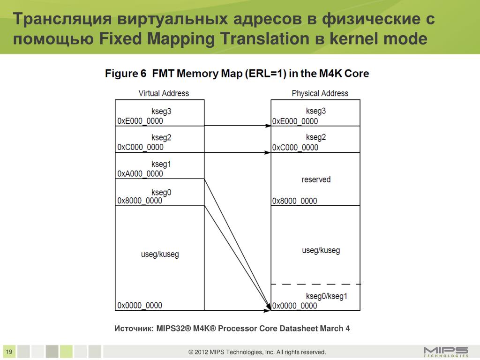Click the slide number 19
point(9,352)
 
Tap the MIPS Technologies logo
point(445,352)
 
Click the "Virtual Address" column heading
point(164,93)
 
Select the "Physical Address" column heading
point(320,93)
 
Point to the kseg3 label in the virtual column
point(161,112)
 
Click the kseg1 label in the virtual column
point(161,165)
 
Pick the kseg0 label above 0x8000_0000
point(161,192)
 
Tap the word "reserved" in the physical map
point(316,180)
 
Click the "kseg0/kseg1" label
point(326,296)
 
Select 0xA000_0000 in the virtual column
point(140,174)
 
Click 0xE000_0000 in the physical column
point(295,121)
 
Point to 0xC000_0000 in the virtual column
point(140,147)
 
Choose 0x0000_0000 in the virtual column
point(140,306)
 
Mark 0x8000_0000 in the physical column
point(295,201)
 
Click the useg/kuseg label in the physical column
point(321,250)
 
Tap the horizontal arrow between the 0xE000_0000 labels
point(238,126)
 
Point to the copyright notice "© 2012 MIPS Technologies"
point(257,352)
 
